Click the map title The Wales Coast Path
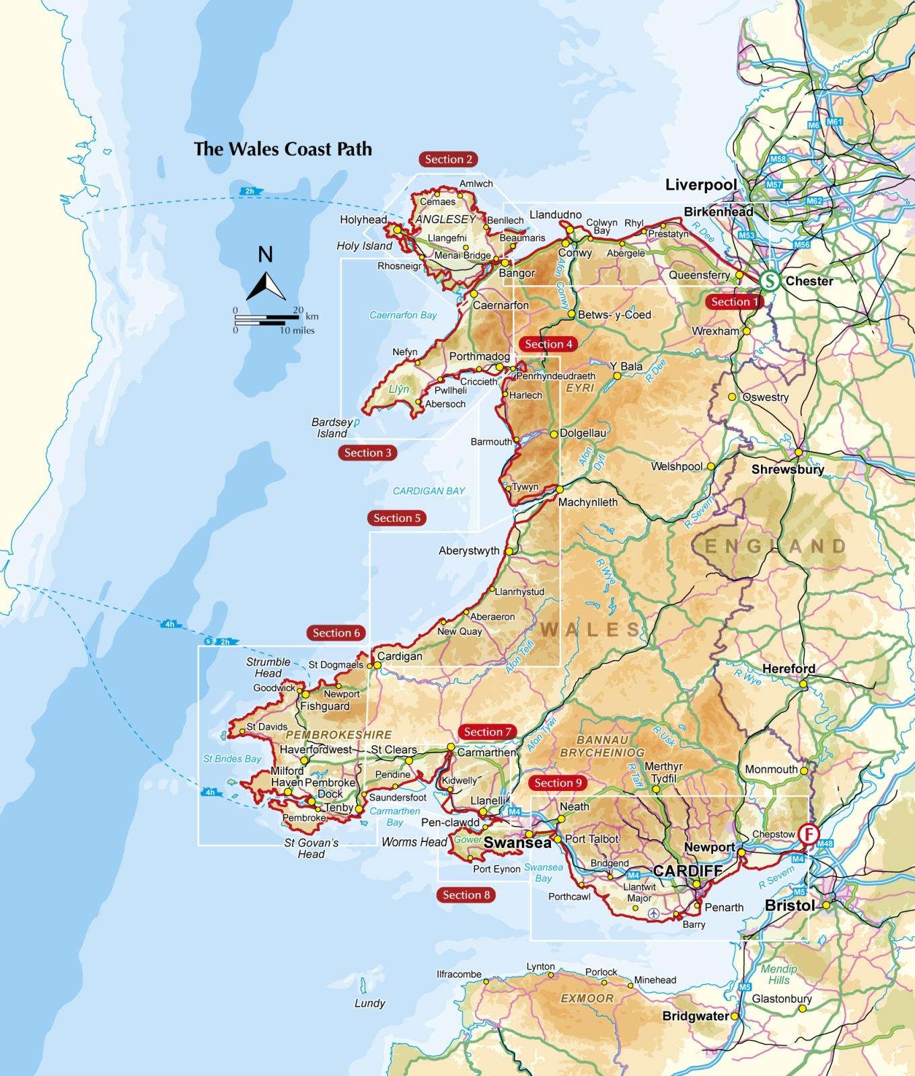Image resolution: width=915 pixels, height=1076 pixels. click(x=283, y=149)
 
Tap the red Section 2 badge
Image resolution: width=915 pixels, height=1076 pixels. click(x=449, y=159)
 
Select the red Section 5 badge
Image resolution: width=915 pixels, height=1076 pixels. click(x=397, y=518)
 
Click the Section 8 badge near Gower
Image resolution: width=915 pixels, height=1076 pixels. click(x=466, y=894)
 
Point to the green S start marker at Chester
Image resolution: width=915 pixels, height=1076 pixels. click(x=769, y=281)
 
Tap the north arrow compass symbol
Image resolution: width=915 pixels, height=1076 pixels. click(x=266, y=280)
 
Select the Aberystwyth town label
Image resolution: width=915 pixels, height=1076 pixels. click(x=469, y=551)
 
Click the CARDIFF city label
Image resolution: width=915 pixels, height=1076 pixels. click(x=688, y=871)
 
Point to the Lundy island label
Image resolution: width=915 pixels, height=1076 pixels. click(x=369, y=1003)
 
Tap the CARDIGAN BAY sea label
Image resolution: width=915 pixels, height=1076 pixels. click(x=429, y=491)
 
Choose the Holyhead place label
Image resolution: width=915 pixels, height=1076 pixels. click(x=363, y=220)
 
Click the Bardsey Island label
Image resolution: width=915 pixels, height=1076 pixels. click(x=332, y=428)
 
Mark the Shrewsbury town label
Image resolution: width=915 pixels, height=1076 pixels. click(x=787, y=469)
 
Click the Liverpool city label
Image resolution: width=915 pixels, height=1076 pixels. click(x=701, y=184)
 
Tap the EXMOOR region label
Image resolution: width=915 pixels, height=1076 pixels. click(x=587, y=998)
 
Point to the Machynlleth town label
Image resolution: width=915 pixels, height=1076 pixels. click(x=587, y=502)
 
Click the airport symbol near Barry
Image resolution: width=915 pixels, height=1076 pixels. click(x=653, y=914)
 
